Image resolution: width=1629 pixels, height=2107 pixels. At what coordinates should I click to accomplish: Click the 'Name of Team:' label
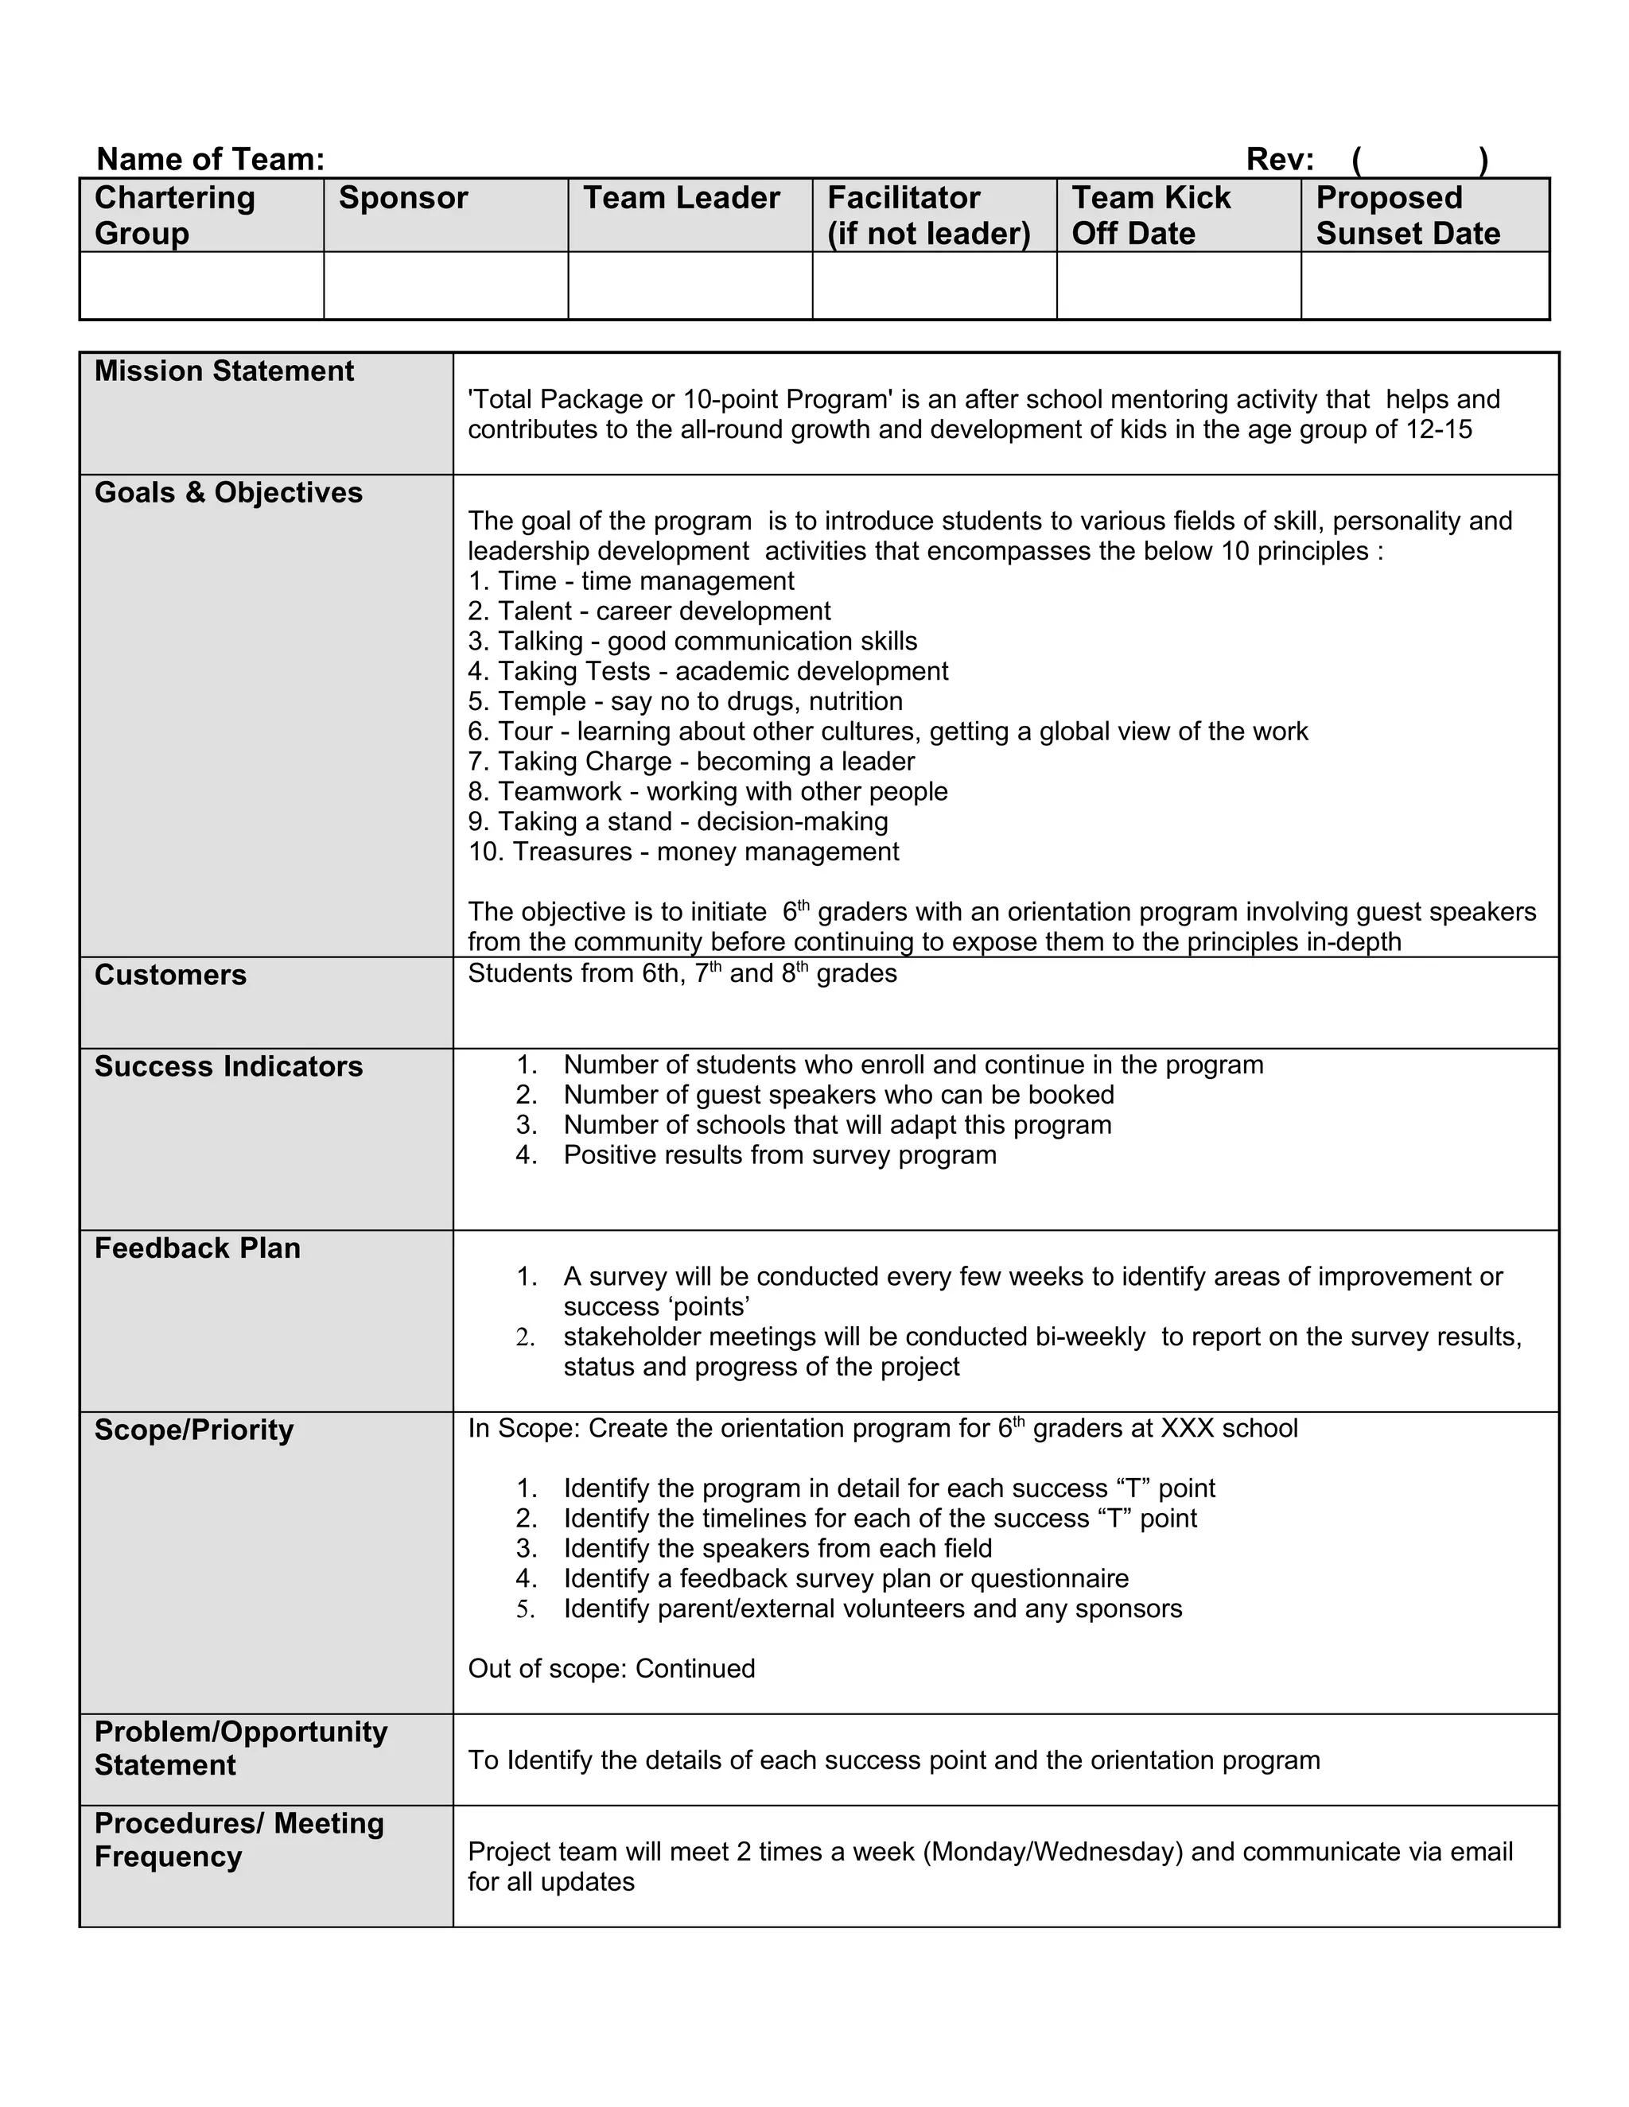(x=210, y=159)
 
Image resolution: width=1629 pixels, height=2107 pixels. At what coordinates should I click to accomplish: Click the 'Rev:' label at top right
(x=1279, y=159)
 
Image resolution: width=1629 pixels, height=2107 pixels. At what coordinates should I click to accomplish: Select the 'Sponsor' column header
(x=402, y=198)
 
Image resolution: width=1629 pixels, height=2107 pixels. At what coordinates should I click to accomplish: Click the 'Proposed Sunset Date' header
(x=1407, y=215)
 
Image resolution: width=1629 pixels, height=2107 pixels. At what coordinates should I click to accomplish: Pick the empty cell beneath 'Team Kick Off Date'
(x=1177, y=285)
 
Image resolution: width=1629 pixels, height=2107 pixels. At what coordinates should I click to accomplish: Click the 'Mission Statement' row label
(x=224, y=371)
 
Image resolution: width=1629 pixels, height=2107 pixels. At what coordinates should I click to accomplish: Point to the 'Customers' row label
(x=170, y=976)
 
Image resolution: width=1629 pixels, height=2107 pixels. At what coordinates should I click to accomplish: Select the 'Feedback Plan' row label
(x=197, y=1248)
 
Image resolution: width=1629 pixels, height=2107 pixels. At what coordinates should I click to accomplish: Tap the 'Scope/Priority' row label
(x=193, y=1430)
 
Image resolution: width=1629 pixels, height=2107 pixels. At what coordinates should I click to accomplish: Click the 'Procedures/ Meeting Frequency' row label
(x=239, y=1840)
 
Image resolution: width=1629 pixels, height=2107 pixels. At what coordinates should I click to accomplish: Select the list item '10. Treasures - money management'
(x=683, y=852)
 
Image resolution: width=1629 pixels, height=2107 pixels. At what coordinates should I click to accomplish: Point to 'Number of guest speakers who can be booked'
(x=838, y=1095)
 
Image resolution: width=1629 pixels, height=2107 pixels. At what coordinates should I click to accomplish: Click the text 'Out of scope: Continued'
(x=611, y=1669)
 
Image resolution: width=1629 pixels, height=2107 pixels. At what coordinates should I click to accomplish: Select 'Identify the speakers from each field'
(x=777, y=1548)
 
